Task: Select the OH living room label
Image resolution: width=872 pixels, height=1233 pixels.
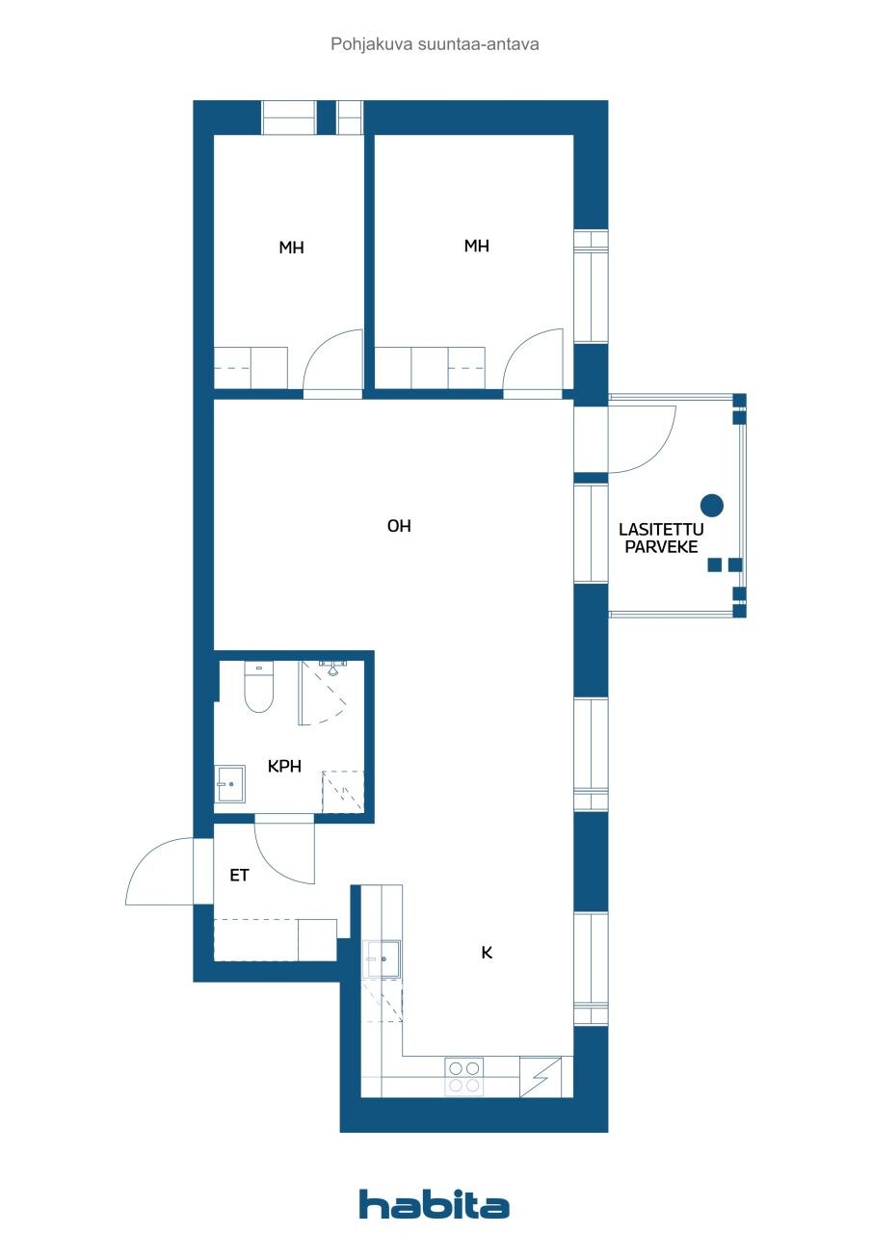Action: [399, 526]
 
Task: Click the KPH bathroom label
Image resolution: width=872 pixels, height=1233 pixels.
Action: [285, 767]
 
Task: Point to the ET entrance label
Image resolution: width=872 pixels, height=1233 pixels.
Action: [239, 876]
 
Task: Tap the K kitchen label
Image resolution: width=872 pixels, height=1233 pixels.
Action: [487, 953]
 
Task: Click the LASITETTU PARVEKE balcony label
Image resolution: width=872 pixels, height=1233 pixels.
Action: [661, 538]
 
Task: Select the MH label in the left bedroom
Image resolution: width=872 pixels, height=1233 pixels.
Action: [291, 248]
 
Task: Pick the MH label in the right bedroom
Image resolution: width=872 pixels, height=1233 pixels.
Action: [476, 246]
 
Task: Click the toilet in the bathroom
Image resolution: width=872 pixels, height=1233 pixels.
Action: [258, 688]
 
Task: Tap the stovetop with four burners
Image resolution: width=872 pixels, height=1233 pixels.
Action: [463, 1076]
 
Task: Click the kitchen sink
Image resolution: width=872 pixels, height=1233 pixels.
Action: [382, 959]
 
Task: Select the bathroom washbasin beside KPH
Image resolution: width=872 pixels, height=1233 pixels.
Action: [230, 783]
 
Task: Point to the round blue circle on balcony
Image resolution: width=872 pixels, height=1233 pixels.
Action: [711, 504]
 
